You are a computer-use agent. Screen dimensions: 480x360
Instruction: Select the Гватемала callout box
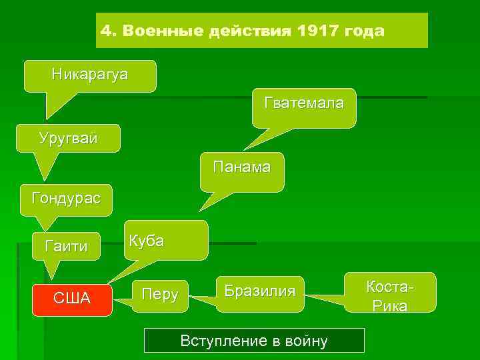tap(304, 105)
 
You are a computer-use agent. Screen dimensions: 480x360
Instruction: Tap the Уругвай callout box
tap(69, 139)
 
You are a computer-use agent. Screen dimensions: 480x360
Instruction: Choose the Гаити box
tap(65, 246)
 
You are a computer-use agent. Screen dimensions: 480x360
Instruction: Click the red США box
tap(72, 297)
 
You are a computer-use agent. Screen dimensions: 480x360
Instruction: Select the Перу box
tap(160, 294)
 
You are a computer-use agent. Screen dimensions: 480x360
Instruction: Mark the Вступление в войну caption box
tap(254, 341)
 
